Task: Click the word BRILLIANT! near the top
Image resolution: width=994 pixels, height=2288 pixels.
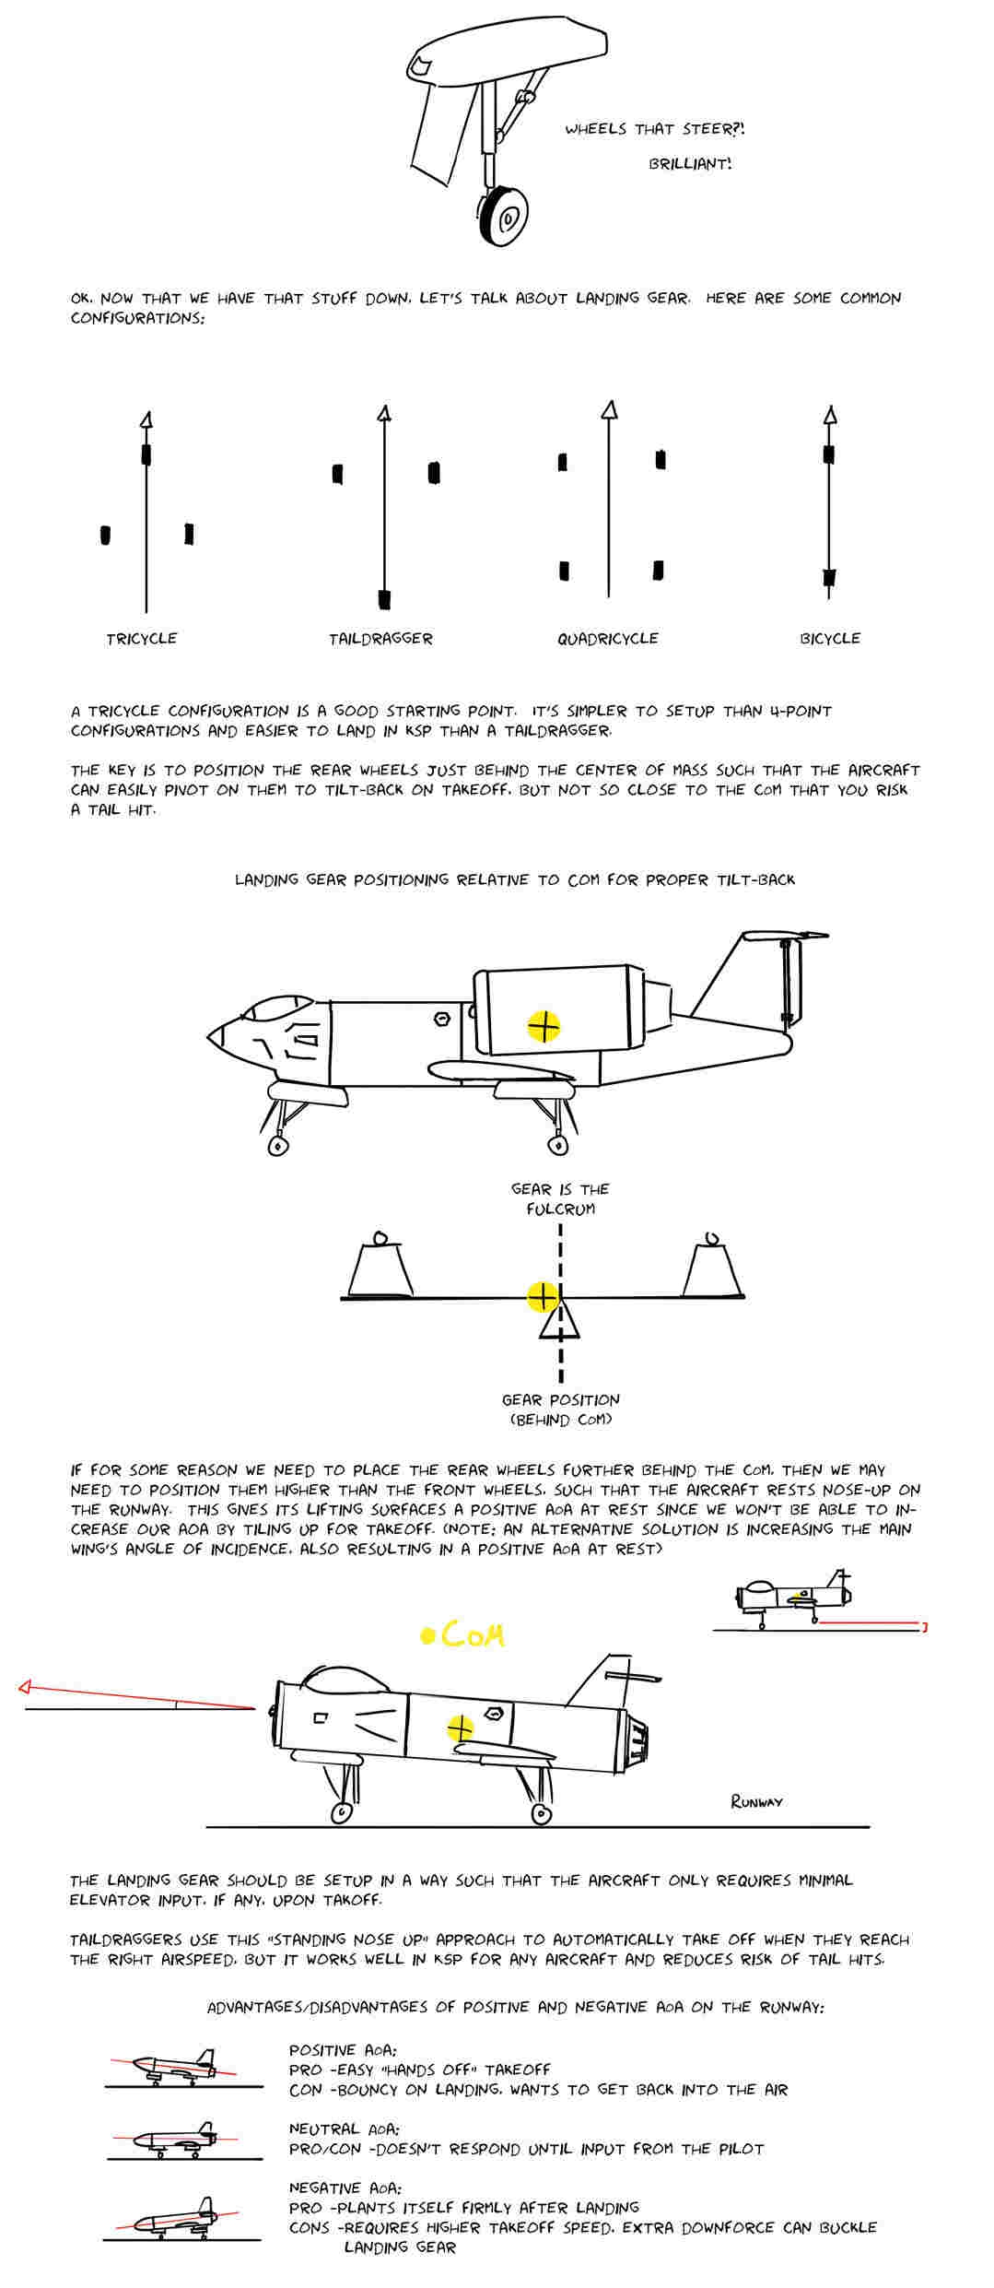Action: (x=690, y=164)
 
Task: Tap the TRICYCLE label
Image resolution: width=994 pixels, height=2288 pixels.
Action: (x=141, y=638)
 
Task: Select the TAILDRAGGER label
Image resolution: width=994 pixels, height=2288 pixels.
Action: (x=380, y=638)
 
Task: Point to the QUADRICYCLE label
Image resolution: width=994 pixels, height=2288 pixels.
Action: (x=607, y=638)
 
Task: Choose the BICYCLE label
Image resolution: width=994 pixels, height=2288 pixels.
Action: (x=829, y=638)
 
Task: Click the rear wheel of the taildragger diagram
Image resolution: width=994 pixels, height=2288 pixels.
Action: (x=384, y=599)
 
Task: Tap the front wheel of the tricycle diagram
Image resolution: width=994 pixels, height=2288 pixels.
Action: (x=146, y=454)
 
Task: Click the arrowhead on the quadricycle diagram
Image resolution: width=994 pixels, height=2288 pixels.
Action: (x=608, y=410)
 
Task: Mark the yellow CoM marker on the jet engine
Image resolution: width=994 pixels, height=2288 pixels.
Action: (x=544, y=1025)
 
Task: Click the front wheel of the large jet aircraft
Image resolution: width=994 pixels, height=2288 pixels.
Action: (x=276, y=1145)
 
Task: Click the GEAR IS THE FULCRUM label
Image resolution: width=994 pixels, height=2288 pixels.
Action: (x=560, y=1198)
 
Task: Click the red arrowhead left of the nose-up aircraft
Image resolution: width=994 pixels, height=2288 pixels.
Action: (x=26, y=1688)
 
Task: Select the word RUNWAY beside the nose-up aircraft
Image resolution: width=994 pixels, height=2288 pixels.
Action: (x=756, y=1800)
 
